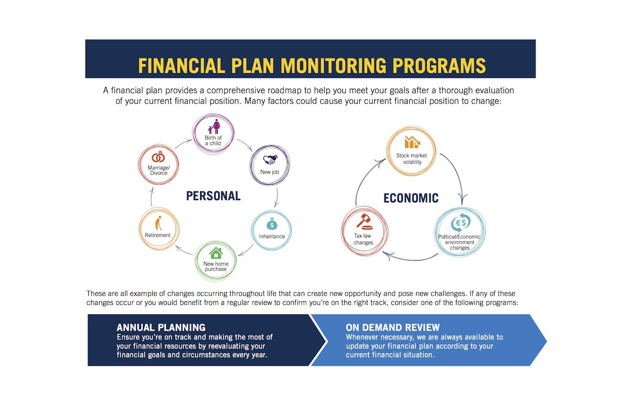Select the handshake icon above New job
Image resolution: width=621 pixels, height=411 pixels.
270,160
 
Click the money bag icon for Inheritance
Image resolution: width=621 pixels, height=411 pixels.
272,224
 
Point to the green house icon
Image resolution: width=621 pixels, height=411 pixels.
216,253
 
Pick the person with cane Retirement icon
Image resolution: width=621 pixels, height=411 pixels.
158,223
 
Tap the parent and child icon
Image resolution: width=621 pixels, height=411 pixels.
214,127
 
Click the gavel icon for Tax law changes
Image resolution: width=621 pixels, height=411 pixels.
364,220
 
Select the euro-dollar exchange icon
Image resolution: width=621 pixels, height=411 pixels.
460,223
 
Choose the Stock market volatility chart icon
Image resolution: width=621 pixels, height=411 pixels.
412,142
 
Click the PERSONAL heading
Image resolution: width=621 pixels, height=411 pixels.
213,196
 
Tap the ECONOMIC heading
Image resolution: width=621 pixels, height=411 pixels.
411,198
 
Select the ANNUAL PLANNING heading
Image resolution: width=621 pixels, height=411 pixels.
161,328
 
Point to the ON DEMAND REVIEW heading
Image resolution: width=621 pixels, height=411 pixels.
393,328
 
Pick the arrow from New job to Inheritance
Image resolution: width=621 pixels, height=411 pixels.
277,197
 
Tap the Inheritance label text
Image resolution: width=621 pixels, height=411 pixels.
272,237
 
